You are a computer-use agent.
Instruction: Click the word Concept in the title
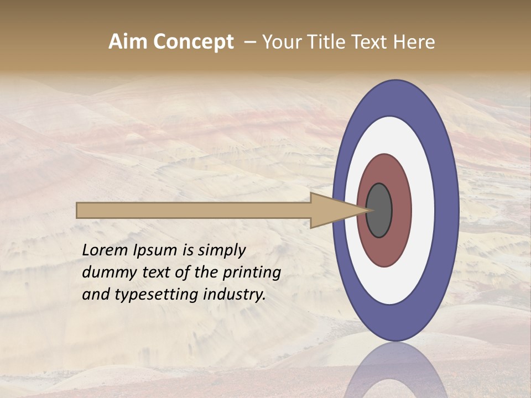point(194,42)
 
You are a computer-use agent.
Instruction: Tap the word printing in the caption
point(251,273)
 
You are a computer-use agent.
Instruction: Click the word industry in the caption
point(235,295)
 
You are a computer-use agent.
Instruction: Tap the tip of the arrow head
point(369,210)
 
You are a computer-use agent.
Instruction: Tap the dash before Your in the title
point(249,42)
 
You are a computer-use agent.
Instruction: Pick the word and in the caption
point(96,295)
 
